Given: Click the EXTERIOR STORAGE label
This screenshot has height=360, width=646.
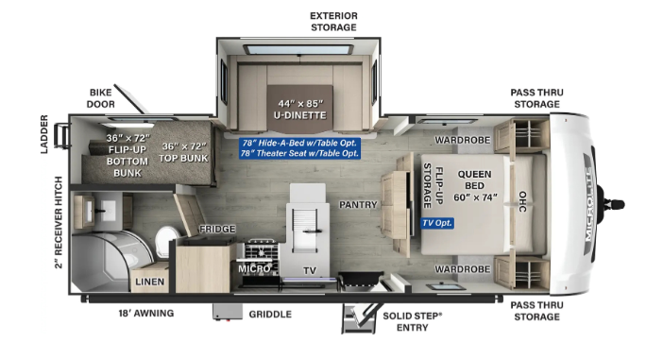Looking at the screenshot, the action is click(333, 22).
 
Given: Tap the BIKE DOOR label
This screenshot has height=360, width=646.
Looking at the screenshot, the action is click(100, 98).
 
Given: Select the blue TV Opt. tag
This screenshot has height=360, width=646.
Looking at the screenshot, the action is click(437, 223).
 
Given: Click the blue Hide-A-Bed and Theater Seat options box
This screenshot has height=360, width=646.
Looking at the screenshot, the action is click(300, 148).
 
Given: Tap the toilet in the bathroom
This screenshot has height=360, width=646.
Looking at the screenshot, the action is click(166, 241).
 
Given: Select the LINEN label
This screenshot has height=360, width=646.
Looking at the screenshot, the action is click(149, 282).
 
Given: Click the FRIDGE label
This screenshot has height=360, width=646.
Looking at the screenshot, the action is click(217, 229).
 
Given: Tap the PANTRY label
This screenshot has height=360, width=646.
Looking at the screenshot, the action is click(358, 204).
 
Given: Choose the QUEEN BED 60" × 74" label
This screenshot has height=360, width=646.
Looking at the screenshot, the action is click(475, 186).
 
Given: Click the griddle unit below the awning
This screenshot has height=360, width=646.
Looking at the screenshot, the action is click(228, 312).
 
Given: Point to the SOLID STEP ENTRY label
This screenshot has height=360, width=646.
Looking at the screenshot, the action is click(413, 321).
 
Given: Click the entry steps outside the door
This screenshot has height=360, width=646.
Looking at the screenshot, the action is click(359, 318).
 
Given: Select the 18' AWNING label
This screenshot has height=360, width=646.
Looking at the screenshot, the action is click(146, 314).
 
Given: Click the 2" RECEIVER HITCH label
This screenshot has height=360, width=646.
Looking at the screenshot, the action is click(59, 222).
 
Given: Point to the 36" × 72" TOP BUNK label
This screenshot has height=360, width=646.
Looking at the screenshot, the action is click(184, 152).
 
